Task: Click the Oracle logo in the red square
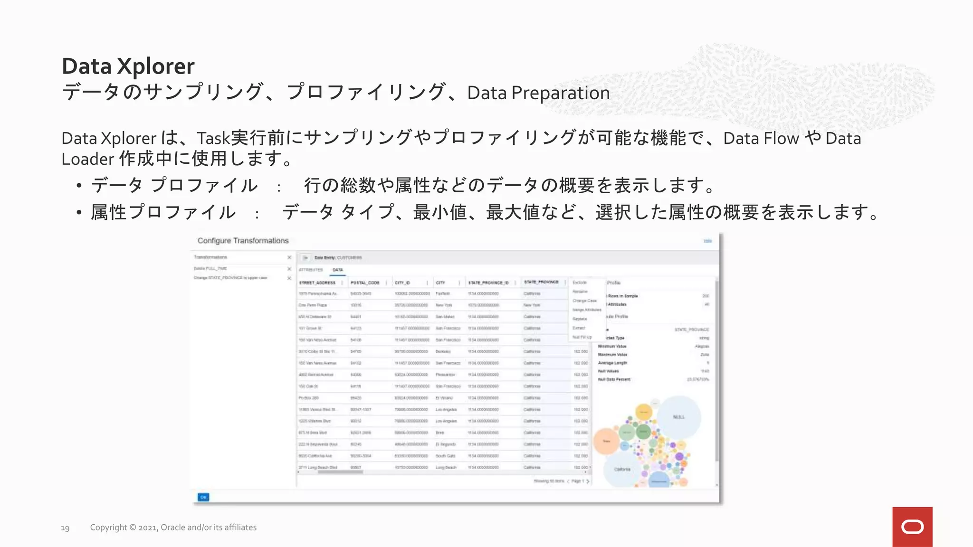(x=912, y=527)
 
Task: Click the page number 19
(x=65, y=528)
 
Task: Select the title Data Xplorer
(x=128, y=66)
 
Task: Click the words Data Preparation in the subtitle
(x=538, y=93)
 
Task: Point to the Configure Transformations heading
(x=243, y=241)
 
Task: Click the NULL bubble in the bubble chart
(x=679, y=417)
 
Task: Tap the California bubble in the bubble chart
(x=622, y=469)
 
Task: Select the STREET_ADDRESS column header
(x=317, y=283)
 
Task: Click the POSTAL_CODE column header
(x=365, y=283)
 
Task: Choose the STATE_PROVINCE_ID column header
(x=488, y=283)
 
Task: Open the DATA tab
(x=338, y=270)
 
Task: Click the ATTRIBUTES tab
(x=311, y=270)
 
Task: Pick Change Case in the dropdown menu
(x=584, y=301)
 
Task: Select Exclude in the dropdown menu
(x=580, y=283)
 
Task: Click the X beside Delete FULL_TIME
(x=289, y=269)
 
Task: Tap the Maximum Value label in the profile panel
(x=612, y=355)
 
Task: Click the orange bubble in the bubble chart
(x=606, y=441)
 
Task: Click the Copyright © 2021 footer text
(x=173, y=528)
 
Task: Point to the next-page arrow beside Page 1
(x=588, y=481)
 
